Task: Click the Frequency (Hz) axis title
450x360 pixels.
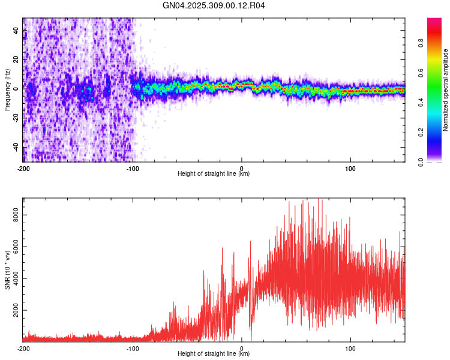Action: (7, 90)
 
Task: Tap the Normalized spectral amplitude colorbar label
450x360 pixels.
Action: (446, 90)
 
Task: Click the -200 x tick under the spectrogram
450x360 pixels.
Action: (23, 168)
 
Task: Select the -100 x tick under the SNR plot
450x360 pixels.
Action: (133, 348)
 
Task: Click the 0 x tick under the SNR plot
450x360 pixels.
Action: (242, 348)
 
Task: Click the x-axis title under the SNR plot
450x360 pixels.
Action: (214, 355)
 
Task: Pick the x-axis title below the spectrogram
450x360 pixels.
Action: (214, 174)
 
